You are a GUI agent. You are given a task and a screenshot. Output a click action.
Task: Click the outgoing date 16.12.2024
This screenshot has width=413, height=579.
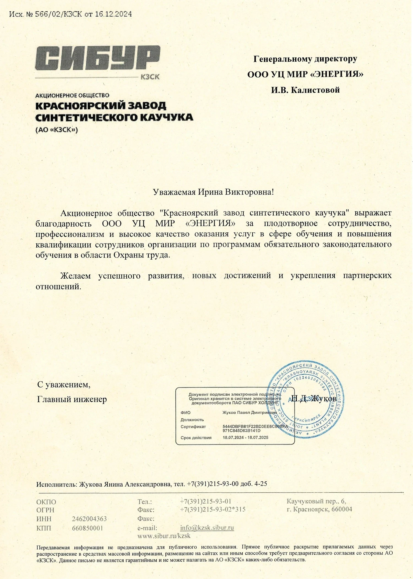click(x=113, y=14)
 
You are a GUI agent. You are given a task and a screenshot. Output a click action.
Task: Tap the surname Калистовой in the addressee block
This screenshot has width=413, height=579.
click(x=315, y=90)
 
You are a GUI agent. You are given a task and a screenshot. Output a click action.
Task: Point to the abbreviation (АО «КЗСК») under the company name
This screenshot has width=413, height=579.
click(x=57, y=130)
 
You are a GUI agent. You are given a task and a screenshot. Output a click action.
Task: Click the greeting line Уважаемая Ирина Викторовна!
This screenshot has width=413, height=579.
click(x=213, y=192)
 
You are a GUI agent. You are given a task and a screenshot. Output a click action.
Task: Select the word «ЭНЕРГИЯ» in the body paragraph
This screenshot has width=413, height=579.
click(x=211, y=223)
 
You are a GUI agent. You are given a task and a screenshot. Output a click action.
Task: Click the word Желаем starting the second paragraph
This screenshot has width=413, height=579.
click(x=75, y=276)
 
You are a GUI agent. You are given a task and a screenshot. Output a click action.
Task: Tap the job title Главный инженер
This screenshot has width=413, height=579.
click(x=72, y=399)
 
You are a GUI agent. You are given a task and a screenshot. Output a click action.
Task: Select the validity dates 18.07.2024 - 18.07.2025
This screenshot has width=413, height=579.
click(x=245, y=438)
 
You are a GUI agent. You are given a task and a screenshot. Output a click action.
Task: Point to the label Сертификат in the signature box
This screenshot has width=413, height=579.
click(x=193, y=427)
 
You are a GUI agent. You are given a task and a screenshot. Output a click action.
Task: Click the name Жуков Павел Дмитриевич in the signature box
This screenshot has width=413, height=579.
click(x=249, y=413)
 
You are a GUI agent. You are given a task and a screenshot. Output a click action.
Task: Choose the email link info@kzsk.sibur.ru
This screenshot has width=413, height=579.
click(x=207, y=528)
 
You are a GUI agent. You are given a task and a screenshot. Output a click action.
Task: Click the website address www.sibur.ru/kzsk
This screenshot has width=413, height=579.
click(x=164, y=536)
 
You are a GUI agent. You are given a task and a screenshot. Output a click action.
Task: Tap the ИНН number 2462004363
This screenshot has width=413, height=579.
click(x=89, y=519)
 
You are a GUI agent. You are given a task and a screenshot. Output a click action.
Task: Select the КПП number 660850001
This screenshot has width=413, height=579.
click(x=88, y=528)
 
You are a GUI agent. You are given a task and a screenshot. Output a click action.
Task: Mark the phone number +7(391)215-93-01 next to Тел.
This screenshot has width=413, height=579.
click(x=205, y=501)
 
